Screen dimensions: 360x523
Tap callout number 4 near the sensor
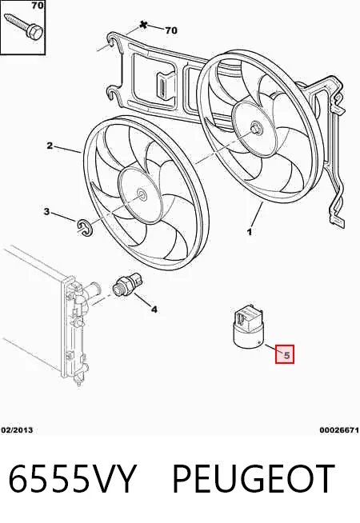coord(154,309)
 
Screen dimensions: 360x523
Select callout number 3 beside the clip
coord(46,211)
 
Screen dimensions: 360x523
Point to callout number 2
coord(50,146)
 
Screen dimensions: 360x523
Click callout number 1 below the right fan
coord(250,231)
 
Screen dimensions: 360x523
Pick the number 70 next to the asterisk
coord(171,30)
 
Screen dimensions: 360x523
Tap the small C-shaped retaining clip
coord(86,227)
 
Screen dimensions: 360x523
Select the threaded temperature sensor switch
coord(128,285)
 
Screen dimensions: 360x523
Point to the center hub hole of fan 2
coord(142,196)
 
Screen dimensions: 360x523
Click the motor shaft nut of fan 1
coord(256,128)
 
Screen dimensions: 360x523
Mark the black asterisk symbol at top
coord(143,25)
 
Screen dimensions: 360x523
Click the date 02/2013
coord(17,430)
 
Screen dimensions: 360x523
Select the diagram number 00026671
coord(339,430)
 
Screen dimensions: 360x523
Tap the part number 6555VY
coord(73,480)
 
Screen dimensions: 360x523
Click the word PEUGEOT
coord(254,480)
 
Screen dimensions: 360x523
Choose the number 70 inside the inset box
coord(38,6)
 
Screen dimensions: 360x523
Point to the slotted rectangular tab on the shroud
coord(165,86)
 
